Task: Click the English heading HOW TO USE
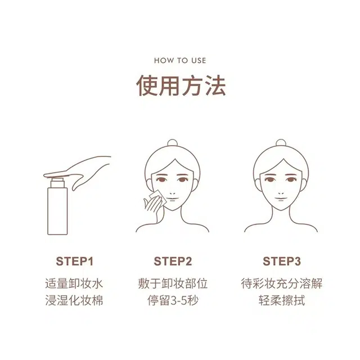(x=180, y=61)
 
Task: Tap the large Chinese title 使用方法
(x=181, y=85)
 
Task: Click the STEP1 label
(x=75, y=261)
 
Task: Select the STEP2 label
(x=173, y=261)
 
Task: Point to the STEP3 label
(x=282, y=261)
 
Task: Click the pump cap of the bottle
(x=57, y=182)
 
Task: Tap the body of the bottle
(x=57, y=211)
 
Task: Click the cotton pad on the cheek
(x=158, y=197)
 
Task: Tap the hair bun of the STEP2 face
(x=173, y=143)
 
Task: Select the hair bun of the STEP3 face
(x=281, y=143)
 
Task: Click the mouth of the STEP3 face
(x=281, y=199)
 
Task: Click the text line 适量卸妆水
(x=74, y=283)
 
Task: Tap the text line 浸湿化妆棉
(x=74, y=300)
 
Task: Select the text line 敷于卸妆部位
(x=173, y=283)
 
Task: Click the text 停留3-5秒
(x=173, y=300)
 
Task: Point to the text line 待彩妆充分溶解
(x=282, y=283)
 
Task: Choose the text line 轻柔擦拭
(x=282, y=300)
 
